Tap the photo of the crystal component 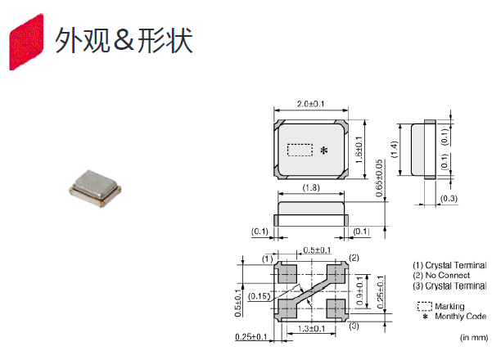click(x=97, y=189)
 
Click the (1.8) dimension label click(x=311, y=189)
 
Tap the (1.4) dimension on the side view click(x=395, y=149)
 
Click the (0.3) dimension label click(x=449, y=198)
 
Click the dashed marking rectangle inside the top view click(x=300, y=150)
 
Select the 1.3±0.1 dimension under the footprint click(x=312, y=328)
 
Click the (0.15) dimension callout click(x=259, y=295)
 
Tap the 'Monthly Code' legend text click(x=455, y=316)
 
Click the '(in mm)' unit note click(x=473, y=337)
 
